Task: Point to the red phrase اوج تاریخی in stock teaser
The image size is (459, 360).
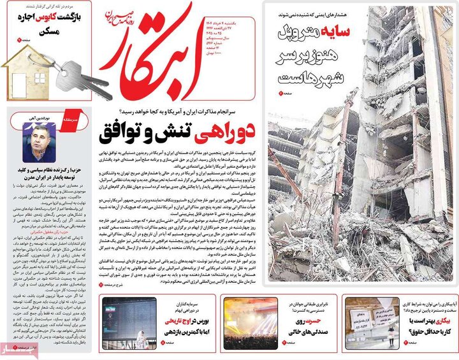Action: (x=174, y=322)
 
